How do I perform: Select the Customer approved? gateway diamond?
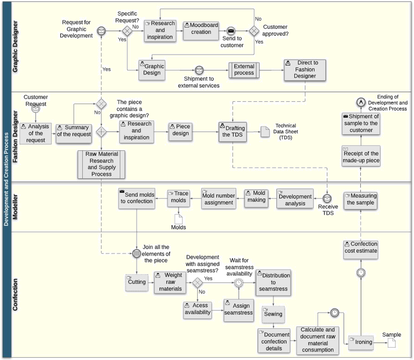(254, 31)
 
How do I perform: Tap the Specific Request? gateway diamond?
(127, 31)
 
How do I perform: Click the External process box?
(244, 70)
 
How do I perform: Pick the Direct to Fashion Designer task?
(305, 70)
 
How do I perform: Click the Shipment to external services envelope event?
(199, 70)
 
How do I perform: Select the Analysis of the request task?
(35, 133)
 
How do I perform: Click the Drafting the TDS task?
(233, 132)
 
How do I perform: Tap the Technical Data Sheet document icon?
(265, 132)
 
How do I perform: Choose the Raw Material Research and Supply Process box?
(101, 164)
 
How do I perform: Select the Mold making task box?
(256, 198)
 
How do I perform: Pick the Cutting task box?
(137, 283)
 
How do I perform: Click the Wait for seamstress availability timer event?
(238, 283)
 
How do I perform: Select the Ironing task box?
(361, 342)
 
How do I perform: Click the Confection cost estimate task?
(361, 250)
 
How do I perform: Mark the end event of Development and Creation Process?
(361, 102)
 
